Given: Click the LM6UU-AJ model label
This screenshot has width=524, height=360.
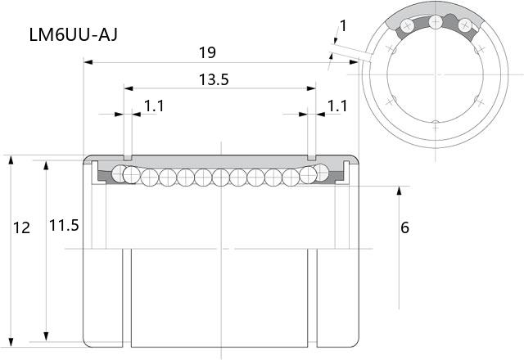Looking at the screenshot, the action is coord(74,34).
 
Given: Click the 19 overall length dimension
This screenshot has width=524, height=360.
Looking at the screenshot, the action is coord(207,52).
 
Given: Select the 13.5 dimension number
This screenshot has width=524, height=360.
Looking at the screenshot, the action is coord(214,80).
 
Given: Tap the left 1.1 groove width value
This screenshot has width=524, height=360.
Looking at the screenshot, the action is coord(154,106).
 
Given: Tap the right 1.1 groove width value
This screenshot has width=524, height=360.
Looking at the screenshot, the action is coord(337,106).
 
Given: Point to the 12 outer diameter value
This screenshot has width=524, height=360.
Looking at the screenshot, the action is coord(22,228).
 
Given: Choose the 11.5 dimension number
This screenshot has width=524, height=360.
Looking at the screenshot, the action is coord(64,226).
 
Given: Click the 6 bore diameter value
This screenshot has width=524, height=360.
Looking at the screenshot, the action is coord(404,227).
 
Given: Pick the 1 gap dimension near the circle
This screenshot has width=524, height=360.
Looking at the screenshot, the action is coord(343,25).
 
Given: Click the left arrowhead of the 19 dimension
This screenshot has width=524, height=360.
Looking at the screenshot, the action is coord(88,62).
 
